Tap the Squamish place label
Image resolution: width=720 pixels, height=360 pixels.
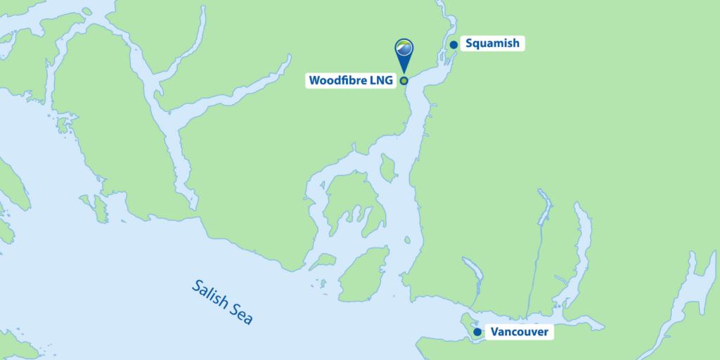click(492, 44)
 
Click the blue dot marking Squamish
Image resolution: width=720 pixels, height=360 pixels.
click(454, 45)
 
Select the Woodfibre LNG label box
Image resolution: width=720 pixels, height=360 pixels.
click(350, 80)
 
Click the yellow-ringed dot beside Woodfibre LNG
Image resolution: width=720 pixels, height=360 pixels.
click(404, 80)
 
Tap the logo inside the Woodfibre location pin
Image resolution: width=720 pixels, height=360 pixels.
click(404, 48)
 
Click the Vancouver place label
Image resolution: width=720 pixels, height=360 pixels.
click(519, 332)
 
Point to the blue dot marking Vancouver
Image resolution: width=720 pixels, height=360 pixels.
click(477, 332)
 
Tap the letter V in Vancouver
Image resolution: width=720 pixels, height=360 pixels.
click(495, 332)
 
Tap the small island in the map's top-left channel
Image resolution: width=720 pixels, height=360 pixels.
click(86, 12)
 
